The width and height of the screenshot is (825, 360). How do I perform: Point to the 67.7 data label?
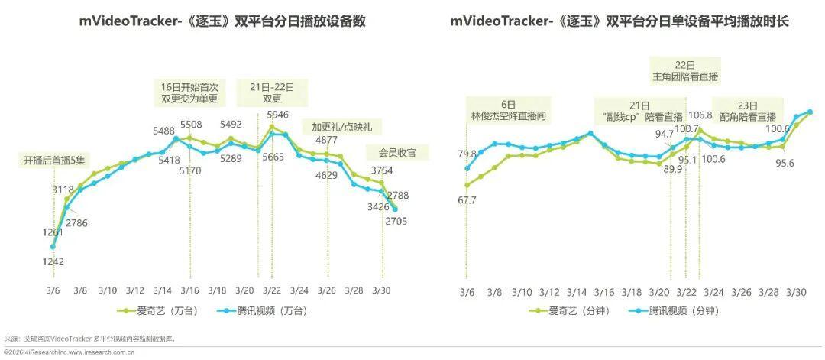coord(467,200)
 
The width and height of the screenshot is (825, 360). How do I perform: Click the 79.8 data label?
coord(467,154)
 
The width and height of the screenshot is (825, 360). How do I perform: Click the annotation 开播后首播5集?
coord(53,161)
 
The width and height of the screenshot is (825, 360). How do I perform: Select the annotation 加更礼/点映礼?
coord(336,127)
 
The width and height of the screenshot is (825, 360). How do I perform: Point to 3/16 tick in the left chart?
coord(190,291)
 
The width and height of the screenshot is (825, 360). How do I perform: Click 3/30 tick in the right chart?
coord(796,293)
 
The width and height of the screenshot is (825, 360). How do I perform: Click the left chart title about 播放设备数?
coord(222,21)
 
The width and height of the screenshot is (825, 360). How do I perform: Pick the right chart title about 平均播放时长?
coord(620,21)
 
